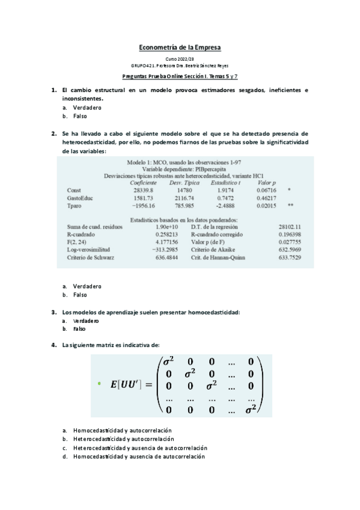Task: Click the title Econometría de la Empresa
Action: [180, 47]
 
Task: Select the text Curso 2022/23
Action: [180, 60]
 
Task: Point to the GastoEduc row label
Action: [80, 198]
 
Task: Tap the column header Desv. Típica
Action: [185, 182]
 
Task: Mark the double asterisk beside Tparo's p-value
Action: [290, 206]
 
